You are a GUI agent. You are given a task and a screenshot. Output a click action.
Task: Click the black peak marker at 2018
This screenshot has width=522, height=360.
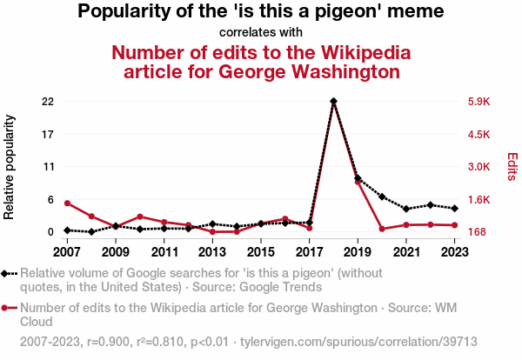(333, 101)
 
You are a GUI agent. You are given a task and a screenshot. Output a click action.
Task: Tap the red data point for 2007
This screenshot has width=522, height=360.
(67, 203)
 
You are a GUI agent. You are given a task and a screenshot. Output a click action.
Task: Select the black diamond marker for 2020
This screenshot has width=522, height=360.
(382, 197)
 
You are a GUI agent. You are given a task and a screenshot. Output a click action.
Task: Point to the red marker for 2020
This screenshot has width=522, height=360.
(382, 229)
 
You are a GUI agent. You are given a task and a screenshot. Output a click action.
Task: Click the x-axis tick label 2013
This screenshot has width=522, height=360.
(212, 252)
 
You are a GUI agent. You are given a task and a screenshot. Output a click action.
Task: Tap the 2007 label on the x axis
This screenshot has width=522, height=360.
(67, 252)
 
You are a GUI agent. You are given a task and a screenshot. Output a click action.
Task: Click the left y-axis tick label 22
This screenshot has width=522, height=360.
(48, 102)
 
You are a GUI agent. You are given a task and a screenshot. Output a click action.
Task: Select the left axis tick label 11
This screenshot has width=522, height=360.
(48, 167)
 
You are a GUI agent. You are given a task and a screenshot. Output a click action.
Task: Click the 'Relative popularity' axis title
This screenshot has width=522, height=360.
(10, 166)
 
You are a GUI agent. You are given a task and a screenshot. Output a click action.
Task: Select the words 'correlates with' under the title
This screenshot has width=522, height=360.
(261, 33)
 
